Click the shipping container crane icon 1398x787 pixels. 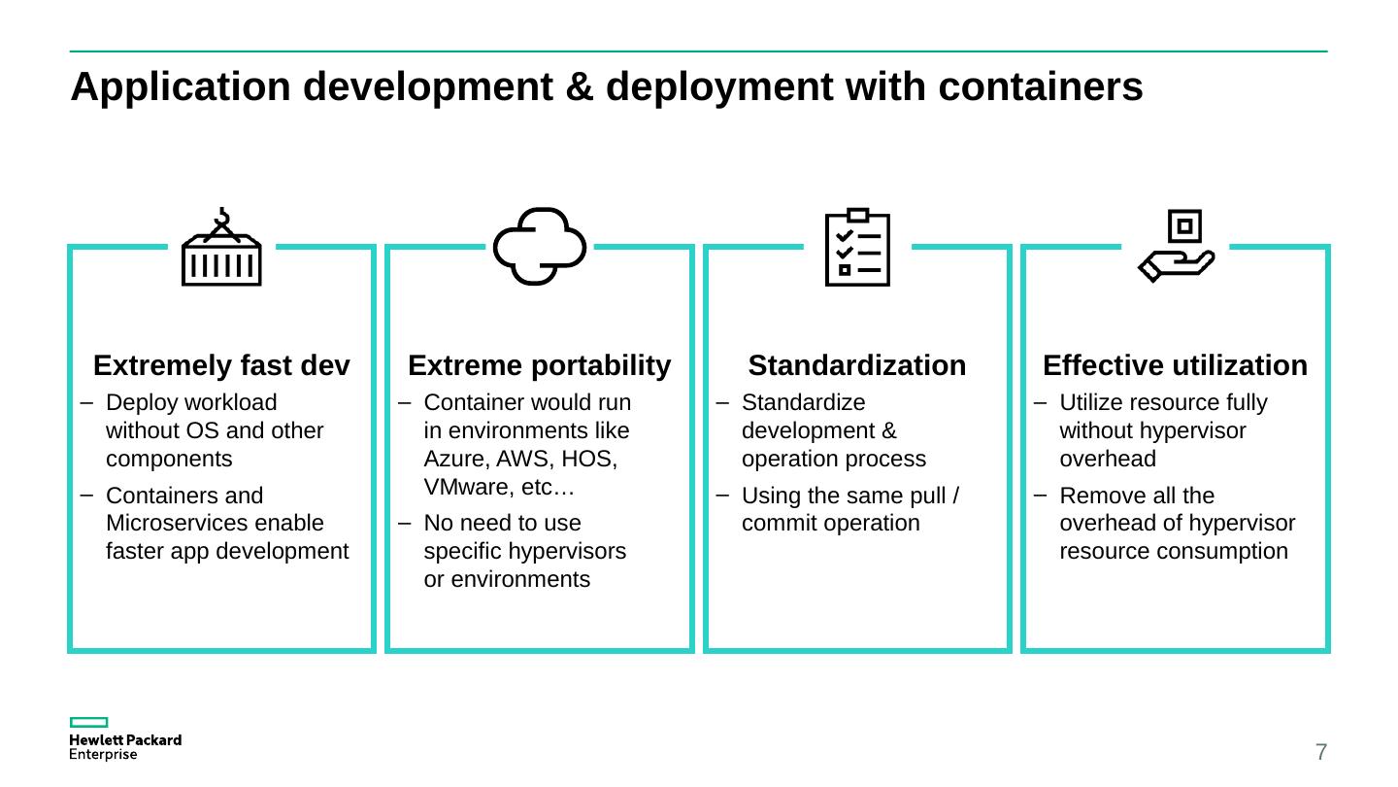coord(221,248)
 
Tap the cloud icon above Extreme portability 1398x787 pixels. coord(540,246)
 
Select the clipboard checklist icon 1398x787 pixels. coord(857,247)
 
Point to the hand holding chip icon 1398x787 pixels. coord(1176,246)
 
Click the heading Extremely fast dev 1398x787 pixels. coord(221,365)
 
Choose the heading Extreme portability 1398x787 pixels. coord(540,365)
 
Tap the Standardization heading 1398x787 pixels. coord(857,365)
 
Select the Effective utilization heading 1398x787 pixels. coord(1175,365)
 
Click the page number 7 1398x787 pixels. coord(1321,751)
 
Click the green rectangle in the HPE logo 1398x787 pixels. coord(88,722)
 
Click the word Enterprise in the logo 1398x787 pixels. coord(103,755)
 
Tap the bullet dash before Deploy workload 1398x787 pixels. coord(87,402)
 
